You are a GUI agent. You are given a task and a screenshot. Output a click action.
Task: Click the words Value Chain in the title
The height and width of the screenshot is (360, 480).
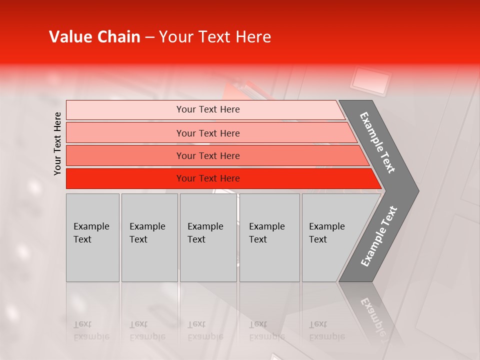coord(94,37)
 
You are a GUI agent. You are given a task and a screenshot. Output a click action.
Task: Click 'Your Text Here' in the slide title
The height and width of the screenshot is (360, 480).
coord(215,37)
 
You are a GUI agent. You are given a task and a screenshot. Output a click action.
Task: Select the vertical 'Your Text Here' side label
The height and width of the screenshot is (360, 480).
coord(57,144)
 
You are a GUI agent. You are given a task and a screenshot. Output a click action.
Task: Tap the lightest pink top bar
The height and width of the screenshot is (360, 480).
coord(207,109)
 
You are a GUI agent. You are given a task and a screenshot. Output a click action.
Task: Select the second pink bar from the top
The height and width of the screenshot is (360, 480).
coord(207,133)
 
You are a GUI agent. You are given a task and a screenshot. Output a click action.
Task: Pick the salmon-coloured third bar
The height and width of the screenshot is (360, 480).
coord(207,155)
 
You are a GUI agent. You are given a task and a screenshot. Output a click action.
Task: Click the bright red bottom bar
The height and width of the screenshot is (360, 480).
coord(207,178)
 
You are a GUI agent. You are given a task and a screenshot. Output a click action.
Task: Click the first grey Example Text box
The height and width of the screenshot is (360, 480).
coord(92,237)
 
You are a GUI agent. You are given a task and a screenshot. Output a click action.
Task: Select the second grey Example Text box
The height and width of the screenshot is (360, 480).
coord(149,237)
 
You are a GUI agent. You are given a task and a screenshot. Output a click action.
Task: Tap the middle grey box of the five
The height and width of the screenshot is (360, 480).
coord(208,237)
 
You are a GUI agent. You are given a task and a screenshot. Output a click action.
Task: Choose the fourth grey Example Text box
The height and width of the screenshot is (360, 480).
coord(269,237)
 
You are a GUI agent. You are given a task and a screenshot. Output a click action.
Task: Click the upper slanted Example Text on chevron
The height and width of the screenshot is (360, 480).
coord(377,142)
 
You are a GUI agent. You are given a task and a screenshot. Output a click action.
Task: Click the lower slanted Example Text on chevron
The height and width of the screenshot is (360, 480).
coord(379,236)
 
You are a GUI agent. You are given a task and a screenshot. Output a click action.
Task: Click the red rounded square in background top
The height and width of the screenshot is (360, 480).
coord(370,80)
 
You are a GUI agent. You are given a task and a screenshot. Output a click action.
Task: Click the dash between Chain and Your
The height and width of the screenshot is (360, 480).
coord(149,37)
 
